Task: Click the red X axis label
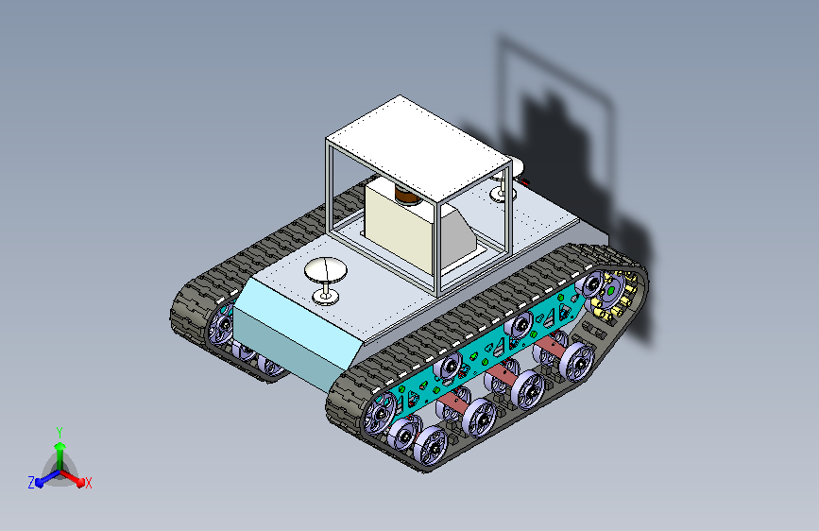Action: [88, 483]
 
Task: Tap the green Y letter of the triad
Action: [60, 433]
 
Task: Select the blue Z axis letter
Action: [31, 483]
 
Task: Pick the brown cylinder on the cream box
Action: [406, 196]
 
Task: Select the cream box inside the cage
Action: [401, 224]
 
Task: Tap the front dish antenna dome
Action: [326, 269]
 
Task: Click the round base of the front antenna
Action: [325, 298]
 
